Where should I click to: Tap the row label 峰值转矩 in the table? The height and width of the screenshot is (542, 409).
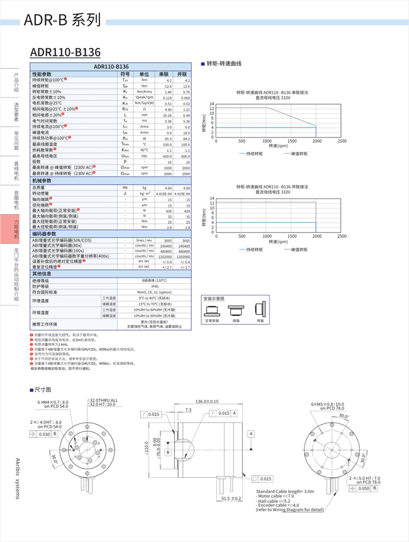[44, 86]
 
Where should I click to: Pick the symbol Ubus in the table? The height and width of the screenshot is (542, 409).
[125, 155]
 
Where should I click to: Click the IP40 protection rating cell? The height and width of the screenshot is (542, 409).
[154, 286]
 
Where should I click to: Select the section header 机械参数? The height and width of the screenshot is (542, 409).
[45, 181]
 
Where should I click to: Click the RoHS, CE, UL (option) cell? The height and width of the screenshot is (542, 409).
[154, 292]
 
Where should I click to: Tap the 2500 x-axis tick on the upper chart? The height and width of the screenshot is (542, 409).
[342, 141]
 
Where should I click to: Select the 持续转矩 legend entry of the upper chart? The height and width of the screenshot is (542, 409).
[252, 153]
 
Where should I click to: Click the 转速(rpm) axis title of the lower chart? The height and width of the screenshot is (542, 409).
[278, 242]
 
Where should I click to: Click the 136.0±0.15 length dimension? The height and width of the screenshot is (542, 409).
[207, 401]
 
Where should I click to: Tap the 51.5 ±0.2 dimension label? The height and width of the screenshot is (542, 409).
[231, 499]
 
